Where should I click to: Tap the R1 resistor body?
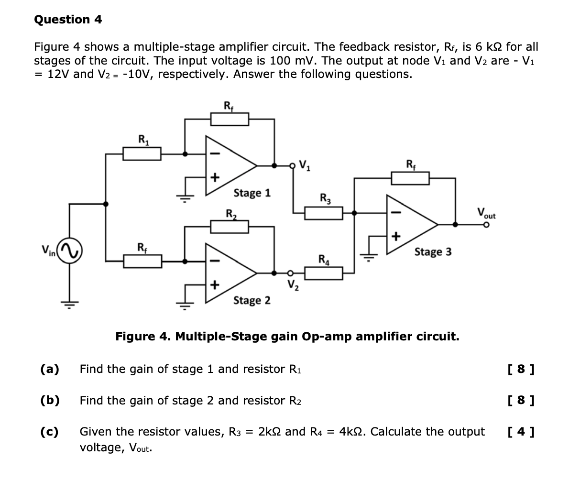coord(142,154)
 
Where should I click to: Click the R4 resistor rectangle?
coord(324,273)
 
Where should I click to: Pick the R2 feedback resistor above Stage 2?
coord(230,227)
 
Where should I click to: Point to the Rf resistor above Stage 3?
coord(410,178)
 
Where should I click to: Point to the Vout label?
coord(486,213)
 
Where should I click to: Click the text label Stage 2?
coord(252,301)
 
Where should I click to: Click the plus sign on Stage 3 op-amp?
coord(395,236)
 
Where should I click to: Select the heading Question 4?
coord(68,20)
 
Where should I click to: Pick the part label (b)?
coord(50,400)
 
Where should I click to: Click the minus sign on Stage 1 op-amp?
coord(215,153)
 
